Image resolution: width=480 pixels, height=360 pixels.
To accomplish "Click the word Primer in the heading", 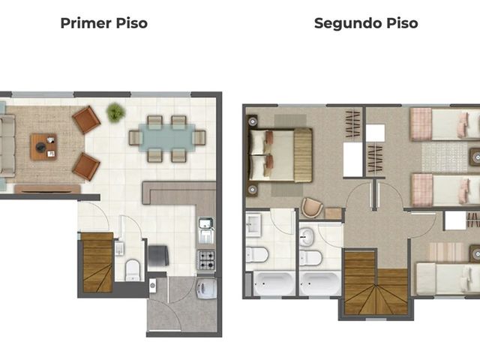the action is (85, 23).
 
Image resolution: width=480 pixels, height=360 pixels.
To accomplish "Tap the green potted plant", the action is (115, 112).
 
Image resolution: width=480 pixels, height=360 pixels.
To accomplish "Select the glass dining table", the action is (167, 138).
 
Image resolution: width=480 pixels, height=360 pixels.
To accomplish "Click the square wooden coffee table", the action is (43, 147).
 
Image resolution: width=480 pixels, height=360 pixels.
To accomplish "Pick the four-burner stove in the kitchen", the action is (206, 259).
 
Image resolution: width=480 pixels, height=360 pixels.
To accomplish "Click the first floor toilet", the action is (133, 270).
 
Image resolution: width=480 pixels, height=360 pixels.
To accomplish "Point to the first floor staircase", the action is (97, 262).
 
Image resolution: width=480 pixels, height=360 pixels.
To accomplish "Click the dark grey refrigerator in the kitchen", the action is (158, 255).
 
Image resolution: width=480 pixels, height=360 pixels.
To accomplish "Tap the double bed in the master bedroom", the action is (280, 155).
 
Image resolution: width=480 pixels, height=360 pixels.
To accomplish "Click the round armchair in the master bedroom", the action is (312, 208).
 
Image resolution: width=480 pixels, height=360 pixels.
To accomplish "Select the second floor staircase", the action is (376, 283).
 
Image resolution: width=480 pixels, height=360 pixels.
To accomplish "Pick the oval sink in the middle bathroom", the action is (307, 237).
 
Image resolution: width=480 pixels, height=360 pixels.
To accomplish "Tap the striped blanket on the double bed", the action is (303, 155).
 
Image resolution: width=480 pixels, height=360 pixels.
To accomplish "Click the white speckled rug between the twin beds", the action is (445, 157).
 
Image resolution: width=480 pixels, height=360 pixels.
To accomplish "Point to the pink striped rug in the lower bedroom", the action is (446, 252).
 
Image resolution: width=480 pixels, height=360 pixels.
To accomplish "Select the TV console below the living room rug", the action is (47, 188).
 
